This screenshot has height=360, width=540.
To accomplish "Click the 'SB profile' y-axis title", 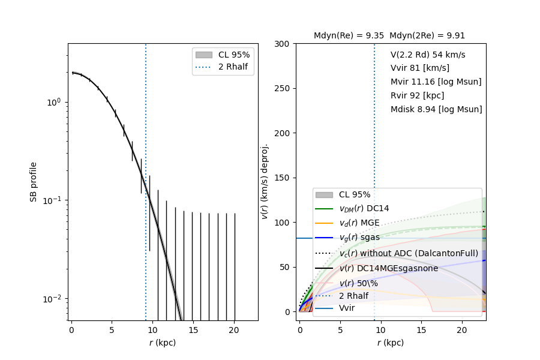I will coord(34,181).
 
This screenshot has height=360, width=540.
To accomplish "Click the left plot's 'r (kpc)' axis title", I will coord(163,343).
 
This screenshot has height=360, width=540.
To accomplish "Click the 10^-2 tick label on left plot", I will coord(53,298).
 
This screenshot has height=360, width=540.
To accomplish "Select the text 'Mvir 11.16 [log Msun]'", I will coord(436,82).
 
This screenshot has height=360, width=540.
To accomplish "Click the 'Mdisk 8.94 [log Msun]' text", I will coord(436,109).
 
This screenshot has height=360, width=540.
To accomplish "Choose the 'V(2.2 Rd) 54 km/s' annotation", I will coord(428,55).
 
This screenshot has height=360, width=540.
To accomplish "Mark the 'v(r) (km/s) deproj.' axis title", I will coord(265,181).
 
